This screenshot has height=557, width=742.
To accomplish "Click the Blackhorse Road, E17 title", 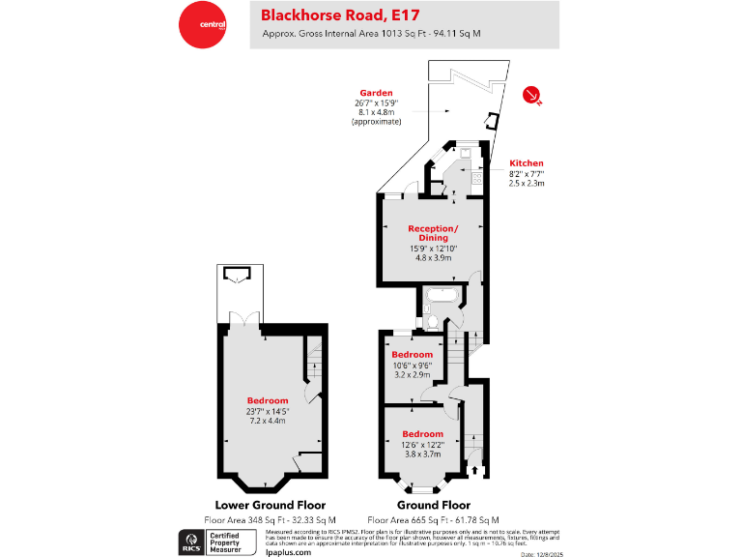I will [x=329, y=15].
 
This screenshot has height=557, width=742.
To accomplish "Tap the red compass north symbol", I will [x=530, y=94].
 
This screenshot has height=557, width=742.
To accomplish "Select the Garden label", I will [x=376, y=93].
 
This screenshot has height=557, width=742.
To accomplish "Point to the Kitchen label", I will [x=527, y=163].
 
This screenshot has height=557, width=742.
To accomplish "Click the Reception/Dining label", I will [x=433, y=232].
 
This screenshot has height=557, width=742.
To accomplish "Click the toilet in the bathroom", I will [x=432, y=320].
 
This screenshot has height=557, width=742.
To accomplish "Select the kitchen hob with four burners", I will [x=476, y=178].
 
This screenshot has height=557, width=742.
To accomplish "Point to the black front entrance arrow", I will [x=474, y=470].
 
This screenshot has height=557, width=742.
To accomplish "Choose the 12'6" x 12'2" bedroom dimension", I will [x=423, y=444].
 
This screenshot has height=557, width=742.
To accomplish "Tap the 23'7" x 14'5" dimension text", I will [x=268, y=411].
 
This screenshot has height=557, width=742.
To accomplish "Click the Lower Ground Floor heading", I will [x=270, y=505].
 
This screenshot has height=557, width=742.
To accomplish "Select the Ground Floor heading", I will [x=434, y=505].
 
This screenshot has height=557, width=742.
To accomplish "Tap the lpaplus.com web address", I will [x=287, y=551].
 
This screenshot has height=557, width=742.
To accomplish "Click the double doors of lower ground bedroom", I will [x=250, y=320].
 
